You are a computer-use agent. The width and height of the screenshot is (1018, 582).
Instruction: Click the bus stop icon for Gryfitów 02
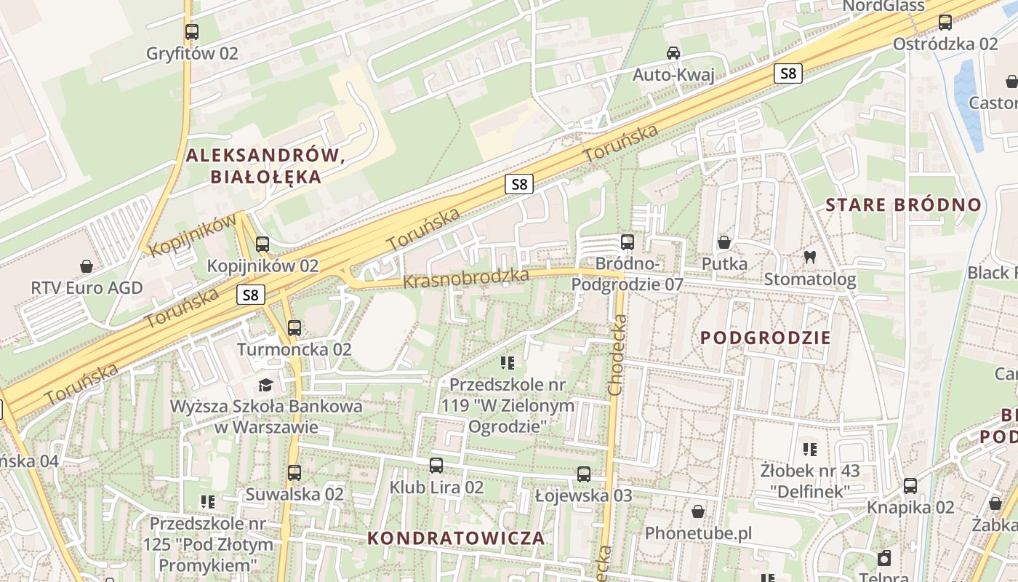pos(192,32)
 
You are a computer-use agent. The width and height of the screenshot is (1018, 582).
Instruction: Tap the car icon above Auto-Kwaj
pos(673,53)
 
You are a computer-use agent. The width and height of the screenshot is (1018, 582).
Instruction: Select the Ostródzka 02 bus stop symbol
pos(945,23)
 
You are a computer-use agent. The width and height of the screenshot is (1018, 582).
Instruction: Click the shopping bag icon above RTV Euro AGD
pos(87,266)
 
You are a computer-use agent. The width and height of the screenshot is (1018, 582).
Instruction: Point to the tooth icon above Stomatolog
pos(809,257)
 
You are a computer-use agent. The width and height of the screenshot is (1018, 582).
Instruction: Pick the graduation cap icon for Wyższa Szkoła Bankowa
pos(265,384)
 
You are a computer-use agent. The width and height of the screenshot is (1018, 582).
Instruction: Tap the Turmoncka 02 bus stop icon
pos(294,328)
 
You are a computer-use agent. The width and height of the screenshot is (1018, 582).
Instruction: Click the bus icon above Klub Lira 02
pos(436,466)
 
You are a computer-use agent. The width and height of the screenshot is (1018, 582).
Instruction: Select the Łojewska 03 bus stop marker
pos(583,474)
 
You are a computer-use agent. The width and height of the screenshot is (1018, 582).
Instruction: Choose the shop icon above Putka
pos(724,242)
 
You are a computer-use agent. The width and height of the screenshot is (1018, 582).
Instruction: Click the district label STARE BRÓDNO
pos(903,204)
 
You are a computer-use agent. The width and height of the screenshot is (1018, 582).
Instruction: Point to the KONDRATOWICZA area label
pos(456,538)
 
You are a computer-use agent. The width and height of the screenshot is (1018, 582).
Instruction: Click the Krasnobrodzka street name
pos(465,279)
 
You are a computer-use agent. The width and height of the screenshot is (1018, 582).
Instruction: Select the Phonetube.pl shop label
pos(698,533)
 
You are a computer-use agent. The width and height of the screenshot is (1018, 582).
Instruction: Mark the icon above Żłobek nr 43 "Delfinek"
pos(810,450)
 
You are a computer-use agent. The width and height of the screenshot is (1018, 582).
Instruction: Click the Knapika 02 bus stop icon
pos(910,486)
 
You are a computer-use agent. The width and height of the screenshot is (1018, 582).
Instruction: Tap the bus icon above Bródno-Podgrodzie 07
pos(627,242)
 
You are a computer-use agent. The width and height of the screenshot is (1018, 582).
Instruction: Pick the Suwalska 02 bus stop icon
pos(294,473)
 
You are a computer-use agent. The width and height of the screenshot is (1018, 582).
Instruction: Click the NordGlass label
pos(883,7)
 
